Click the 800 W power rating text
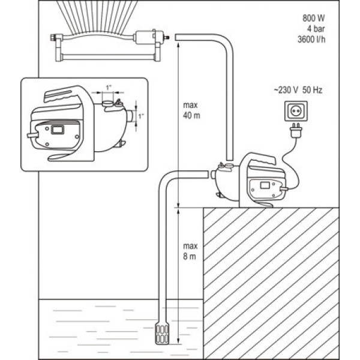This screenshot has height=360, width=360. [315, 17]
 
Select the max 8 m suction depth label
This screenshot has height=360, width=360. [191, 250]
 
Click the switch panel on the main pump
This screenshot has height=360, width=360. [265, 188]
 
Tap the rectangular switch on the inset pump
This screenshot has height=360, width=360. [58, 128]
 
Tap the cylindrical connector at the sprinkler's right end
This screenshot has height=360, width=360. [147, 37]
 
